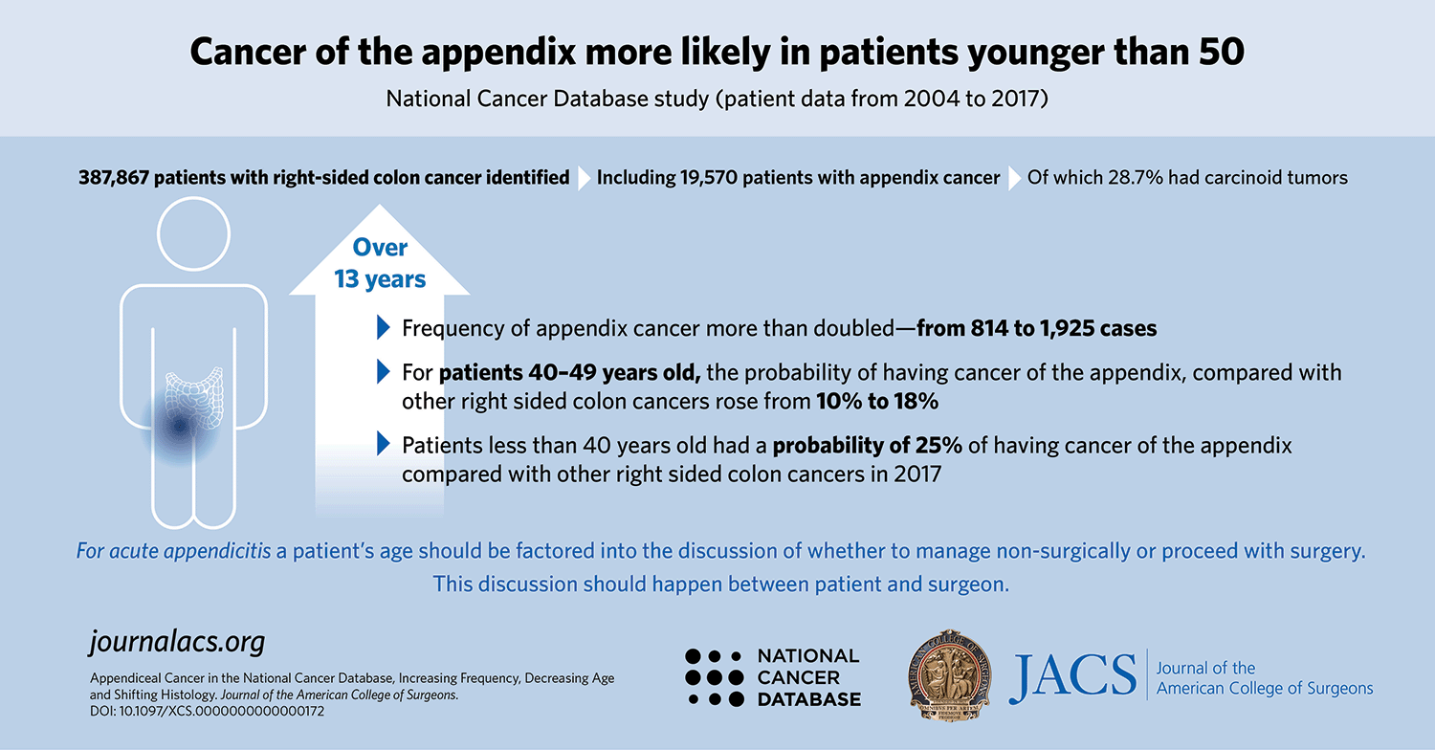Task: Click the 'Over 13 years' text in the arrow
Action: (x=380, y=263)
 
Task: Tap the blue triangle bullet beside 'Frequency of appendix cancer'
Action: (x=385, y=328)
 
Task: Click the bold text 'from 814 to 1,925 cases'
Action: (x=1037, y=328)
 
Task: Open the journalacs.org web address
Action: (x=176, y=642)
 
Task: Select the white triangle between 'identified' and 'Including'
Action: (x=585, y=178)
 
